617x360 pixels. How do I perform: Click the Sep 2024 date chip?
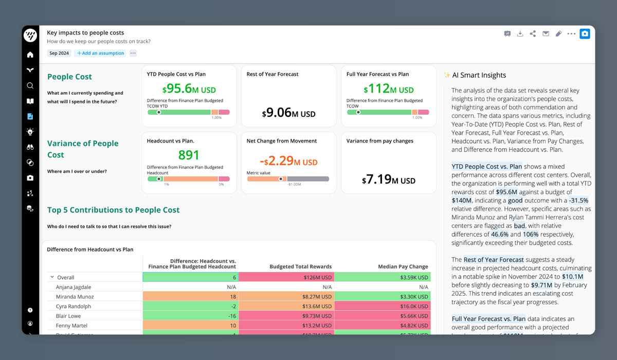pos(59,53)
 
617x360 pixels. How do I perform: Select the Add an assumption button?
pos(100,53)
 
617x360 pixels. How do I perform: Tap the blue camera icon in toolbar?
pos(585,34)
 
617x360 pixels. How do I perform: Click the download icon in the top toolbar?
pos(520,34)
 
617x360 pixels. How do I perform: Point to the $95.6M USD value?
pos(189,89)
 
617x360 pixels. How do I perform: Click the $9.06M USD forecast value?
pos(288,113)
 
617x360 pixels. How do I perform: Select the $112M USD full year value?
pos(388,89)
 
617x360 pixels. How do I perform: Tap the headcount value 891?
pos(189,155)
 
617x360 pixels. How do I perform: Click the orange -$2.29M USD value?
pos(288,161)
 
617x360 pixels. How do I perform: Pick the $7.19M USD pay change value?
pos(388,180)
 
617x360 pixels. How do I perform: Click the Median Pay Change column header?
pos(404,266)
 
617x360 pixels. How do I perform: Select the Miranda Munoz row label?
pos(75,297)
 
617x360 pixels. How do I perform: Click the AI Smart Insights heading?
pos(479,75)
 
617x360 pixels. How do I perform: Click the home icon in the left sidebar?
pos(30,55)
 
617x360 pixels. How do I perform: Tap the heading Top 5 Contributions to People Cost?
pos(114,210)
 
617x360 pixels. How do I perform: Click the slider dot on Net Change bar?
pos(281,179)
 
